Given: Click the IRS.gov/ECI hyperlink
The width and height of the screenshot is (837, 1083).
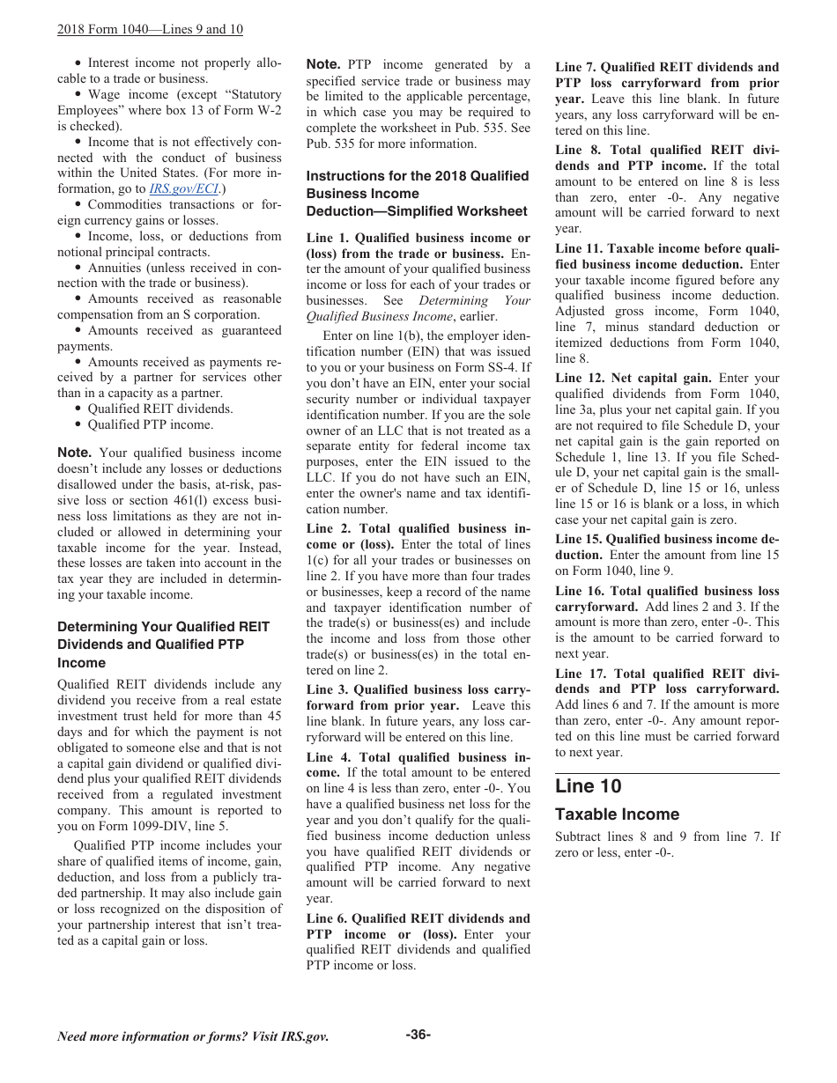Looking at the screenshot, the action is point(173,189).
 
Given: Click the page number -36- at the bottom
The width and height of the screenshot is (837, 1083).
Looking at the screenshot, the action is point(418,1035).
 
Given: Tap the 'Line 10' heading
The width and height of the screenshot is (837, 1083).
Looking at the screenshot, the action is point(588,786).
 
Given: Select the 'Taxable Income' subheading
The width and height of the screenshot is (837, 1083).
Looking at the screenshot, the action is point(617,814).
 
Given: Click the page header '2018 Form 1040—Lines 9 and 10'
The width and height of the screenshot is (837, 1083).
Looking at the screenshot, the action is point(150,30).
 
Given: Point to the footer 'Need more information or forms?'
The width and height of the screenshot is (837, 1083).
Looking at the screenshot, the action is point(192,1036).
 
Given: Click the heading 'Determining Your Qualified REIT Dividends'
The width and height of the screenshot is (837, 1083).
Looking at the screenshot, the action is point(163,627).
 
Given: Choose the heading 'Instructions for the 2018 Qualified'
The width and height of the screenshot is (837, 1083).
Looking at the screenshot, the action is point(418,176).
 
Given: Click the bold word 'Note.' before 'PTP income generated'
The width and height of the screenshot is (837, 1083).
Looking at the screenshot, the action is point(323,64).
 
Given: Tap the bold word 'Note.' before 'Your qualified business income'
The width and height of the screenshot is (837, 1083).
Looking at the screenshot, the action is point(74,453).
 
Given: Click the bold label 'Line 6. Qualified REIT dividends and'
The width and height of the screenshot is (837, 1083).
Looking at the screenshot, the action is point(418,918).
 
